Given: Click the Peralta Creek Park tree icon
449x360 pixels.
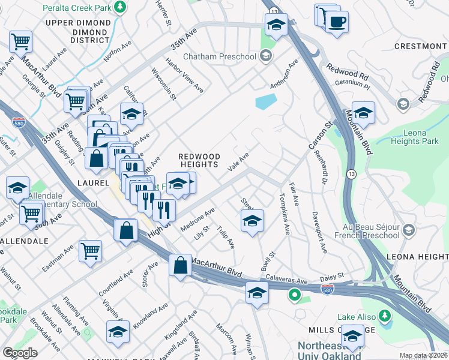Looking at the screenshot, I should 121,7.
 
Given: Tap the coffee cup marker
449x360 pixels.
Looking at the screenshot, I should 336,22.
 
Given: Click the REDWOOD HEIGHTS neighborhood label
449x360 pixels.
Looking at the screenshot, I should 199,161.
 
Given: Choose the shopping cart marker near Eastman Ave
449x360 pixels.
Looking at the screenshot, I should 90,251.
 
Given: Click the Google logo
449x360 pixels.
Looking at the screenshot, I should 20,353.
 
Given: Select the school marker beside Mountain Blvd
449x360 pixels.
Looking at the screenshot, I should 363,113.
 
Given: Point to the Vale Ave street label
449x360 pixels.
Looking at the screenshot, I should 238,163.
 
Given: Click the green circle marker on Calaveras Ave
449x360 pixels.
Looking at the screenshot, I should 294,295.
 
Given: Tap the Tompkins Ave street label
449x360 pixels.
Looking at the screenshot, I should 284,214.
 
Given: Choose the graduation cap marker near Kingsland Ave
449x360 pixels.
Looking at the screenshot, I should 118,332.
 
